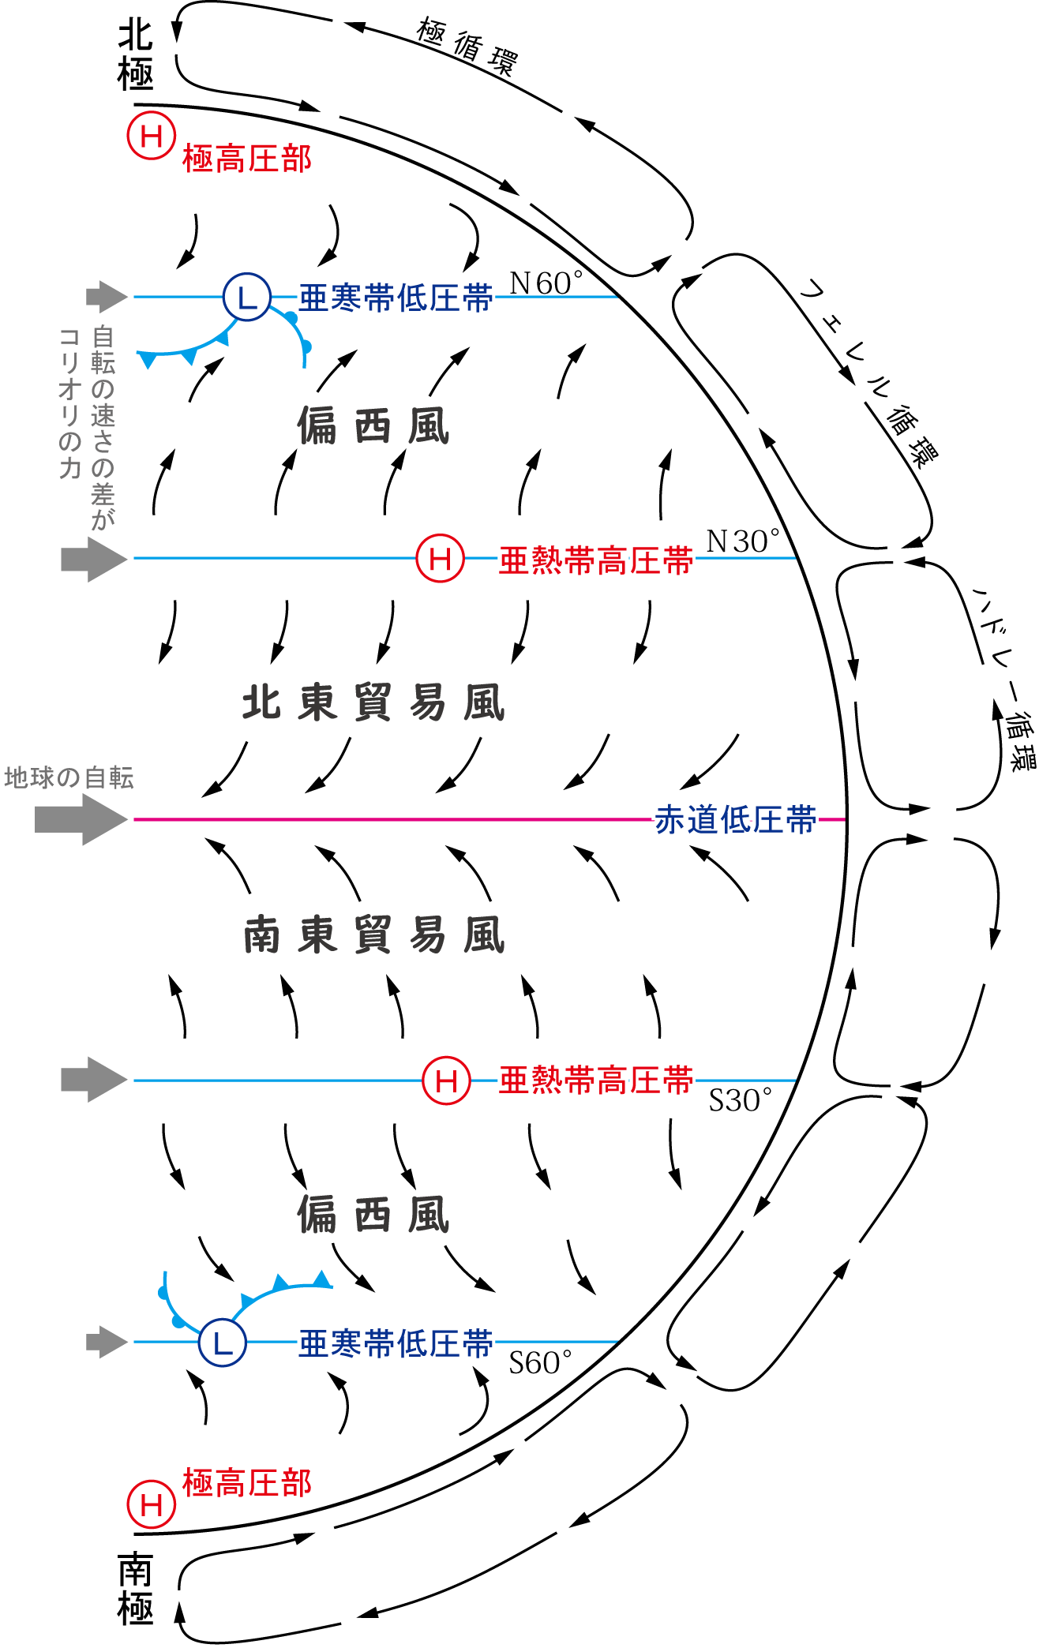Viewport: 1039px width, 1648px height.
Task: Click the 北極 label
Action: (x=135, y=55)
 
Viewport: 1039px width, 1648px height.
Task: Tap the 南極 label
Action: (x=135, y=1588)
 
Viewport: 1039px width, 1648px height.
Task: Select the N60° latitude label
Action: (x=546, y=283)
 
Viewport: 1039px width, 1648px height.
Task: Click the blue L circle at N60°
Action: (x=247, y=297)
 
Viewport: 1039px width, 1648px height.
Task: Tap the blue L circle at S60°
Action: (x=222, y=1342)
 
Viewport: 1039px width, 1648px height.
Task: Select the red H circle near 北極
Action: (x=151, y=136)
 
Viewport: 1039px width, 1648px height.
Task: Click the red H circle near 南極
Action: (x=151, y=1504)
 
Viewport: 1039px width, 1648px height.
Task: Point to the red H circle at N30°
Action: (x=440, y=558)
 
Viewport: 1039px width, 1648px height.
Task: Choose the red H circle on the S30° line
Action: (x=446, y=1081)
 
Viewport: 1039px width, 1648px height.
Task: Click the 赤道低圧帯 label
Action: (x=736, y=820)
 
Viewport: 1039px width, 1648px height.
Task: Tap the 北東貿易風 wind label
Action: (x=373, y=702)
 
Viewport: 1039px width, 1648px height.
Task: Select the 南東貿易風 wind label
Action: (x=373, y=935)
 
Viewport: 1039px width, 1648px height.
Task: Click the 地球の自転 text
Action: (x=69, y=778)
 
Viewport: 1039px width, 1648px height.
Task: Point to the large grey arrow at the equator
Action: (x=81, y=820)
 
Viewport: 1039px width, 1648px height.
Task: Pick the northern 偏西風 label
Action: (x=373, y=426)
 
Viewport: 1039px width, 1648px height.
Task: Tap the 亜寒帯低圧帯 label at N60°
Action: (x=396, y=298)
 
